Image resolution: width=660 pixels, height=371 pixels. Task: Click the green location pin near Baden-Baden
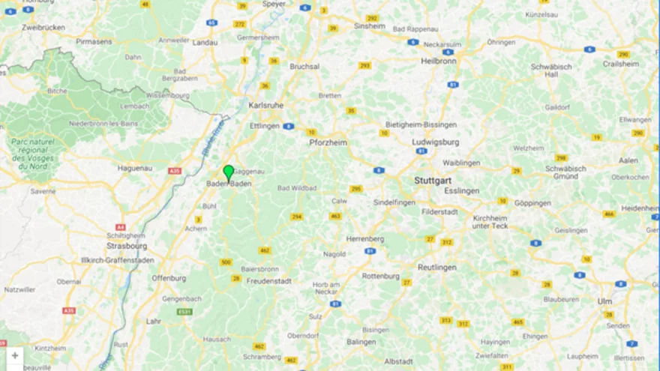click(229, 172)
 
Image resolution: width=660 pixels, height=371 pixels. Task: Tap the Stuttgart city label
click(433, 181)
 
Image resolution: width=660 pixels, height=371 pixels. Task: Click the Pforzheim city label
click(327, 142)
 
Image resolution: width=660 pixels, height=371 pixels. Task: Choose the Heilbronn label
click(438, 61)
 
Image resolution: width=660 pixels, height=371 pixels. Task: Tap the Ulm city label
click(604, 301)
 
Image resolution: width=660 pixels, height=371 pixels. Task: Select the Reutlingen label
click(437, 268)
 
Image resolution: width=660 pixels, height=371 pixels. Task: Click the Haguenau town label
click(135, 169)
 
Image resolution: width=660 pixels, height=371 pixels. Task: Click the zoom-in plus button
click(15, 355)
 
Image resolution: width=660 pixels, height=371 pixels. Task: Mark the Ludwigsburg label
click(435, 141)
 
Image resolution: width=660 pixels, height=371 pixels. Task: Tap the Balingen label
click(361, 342)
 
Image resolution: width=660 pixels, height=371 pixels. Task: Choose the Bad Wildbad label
click(298, 188)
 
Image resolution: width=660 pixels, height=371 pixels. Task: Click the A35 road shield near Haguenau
click(175, 171)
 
